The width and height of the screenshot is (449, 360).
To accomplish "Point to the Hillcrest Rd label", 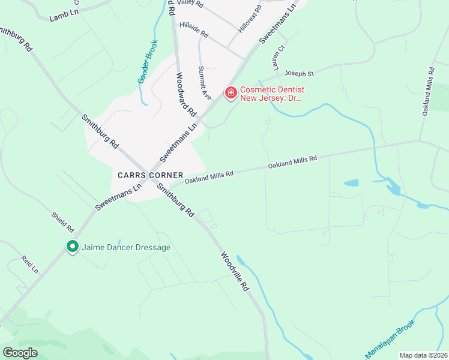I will point(250,19).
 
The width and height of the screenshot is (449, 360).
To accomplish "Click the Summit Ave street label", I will point(205,82).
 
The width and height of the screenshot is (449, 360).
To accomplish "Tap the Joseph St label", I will point(299,74).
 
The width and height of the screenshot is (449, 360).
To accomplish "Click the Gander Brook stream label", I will point(146,62).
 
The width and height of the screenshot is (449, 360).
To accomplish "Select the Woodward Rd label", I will point(186,94).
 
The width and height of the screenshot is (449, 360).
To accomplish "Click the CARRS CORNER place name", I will point(151,175).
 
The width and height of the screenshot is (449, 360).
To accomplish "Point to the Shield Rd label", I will point(62,221).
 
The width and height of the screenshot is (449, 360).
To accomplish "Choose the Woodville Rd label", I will point(234,271).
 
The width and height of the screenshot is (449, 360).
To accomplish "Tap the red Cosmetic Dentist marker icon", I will point(231,92).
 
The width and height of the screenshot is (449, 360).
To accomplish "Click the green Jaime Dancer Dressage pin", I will point(73,247).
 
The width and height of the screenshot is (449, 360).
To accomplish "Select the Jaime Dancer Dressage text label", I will point(125,247).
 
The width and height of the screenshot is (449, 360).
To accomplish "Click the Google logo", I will point(20,352).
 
